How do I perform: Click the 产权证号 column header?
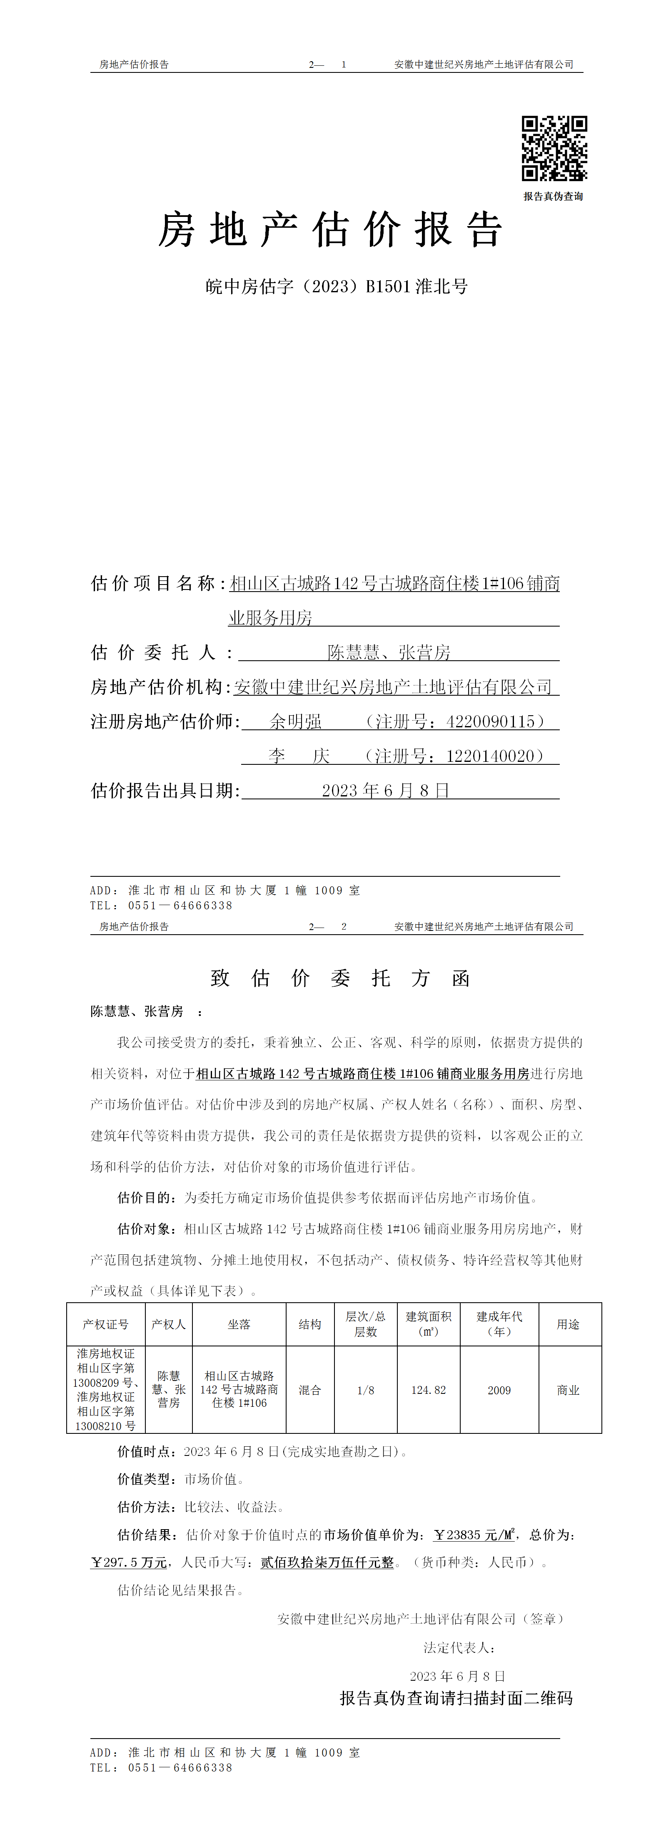pyautogui.click(x=105, y=1324)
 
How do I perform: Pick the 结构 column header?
pyautogui.click(x=310, y=1324)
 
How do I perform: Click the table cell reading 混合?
pyautogui.click(x=310, y=1390)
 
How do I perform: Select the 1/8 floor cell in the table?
pyautogui.click(x=365, y=1390)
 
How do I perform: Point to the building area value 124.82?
pyautogui.click(x=429, y=1390)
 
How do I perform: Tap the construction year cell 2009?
pyautogui.click(x=499, y=1390)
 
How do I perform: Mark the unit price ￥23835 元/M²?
pyautogui.click(x=474, y=1535)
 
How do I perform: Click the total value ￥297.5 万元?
pyautogui.click(x=129, y=1562)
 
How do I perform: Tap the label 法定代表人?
pyautogui.click(x=459, y=1648)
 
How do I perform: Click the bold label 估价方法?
pyautogui.click(x=147, y=1507)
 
